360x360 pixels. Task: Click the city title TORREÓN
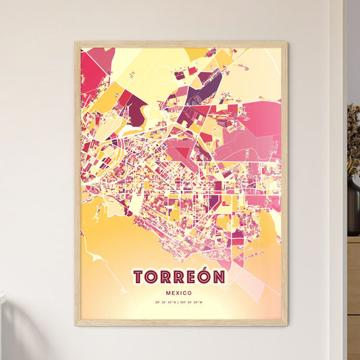pyautogui.click(x=180, y=277)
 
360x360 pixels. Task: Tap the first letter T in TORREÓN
pyautogui.click(x=138, y=277)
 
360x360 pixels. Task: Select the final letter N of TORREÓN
pyautogui.click(x=220, y=277)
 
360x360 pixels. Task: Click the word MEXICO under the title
pyautogui.click(x=180, y=292)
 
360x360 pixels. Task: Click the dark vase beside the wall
pyautogui.click(x=353, y=206)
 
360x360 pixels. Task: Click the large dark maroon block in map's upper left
pyautogui.click(x=135, y=108)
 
